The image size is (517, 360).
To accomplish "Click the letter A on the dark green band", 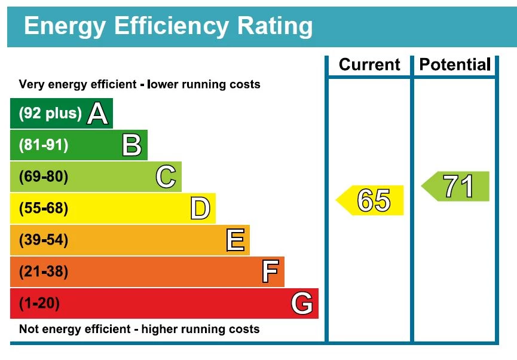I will pos(98,114).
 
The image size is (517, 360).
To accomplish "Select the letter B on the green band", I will pos(131,145).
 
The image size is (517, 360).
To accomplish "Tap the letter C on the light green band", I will pos(166,177).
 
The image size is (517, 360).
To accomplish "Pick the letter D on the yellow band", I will pos(200,209).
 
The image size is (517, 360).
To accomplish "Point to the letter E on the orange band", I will pos(235,240).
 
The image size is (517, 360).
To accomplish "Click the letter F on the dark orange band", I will pos(270,272).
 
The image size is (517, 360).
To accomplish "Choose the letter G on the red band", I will pos(302,304).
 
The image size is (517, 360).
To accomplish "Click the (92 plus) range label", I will pos(50,114).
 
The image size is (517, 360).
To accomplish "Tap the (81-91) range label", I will pos(44,145).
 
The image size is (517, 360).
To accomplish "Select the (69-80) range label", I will pos(44,177).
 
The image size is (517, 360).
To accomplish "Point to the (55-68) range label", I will pos(44,209).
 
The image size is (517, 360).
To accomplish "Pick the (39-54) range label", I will pos(44,240).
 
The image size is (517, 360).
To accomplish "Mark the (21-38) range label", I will pos(44,272).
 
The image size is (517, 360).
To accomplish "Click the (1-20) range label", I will pos(39,304).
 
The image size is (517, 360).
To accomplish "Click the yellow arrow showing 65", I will pos(371,200).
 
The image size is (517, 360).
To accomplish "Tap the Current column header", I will pos(369,65).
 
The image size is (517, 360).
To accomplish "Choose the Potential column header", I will pos(455,65).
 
